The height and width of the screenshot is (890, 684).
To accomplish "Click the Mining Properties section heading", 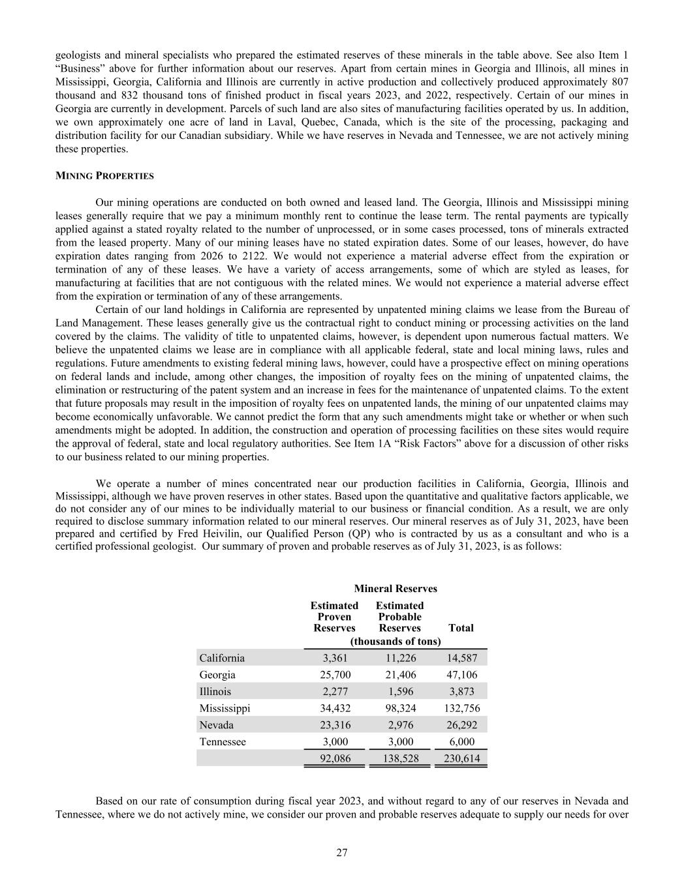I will click(104, 176).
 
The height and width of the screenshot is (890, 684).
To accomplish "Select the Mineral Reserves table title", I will click(396, 589).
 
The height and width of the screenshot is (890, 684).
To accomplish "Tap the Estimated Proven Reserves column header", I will click(334, 617).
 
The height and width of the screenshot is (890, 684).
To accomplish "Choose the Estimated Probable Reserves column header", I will click(399, 617).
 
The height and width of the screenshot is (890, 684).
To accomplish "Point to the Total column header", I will click(461, 628).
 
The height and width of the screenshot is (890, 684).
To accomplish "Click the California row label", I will click(222, 658).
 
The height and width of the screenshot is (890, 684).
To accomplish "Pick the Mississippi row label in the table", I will click(225, 708).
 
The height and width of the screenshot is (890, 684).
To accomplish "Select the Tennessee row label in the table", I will click(223, 742).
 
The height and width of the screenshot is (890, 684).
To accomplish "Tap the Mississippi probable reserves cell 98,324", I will click(400, 708).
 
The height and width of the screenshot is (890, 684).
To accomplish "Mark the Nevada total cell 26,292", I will click(461, 725).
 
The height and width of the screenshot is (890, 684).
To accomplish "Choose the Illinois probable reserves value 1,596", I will click(400, 691).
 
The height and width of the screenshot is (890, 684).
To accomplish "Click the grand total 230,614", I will click(461, 758).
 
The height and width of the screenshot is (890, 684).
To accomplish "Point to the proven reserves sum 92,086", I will click(335, 758).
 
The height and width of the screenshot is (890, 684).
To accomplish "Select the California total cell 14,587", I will click(461, 658).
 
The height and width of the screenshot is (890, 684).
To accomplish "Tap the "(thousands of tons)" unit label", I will click(396, 642).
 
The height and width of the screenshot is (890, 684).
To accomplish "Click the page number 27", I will click(342, 852).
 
